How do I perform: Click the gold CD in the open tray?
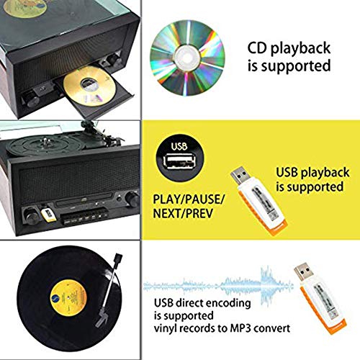(x=89, y=86)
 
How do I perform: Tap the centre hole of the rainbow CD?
(x=187, y=58)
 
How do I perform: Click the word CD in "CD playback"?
(x=257, y=48)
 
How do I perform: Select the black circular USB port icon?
(x=179, y=157)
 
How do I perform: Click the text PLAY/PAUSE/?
(x=189, y=199)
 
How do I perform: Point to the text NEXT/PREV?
(x=183, y=213)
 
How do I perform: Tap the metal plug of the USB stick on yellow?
(x=240, y=176)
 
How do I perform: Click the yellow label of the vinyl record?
(x=69, y=298)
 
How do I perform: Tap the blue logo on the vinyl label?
(x=56, y=299)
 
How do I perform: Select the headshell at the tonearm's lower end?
(x=102, y=318)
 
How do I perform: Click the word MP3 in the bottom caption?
(x=240, y=328)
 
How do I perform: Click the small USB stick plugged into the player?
(x=48, y=215)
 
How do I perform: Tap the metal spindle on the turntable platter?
(x=45, y=140)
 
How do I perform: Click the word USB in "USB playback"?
(x=287, y=172)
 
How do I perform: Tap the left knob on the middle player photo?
(x=32, y=217)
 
